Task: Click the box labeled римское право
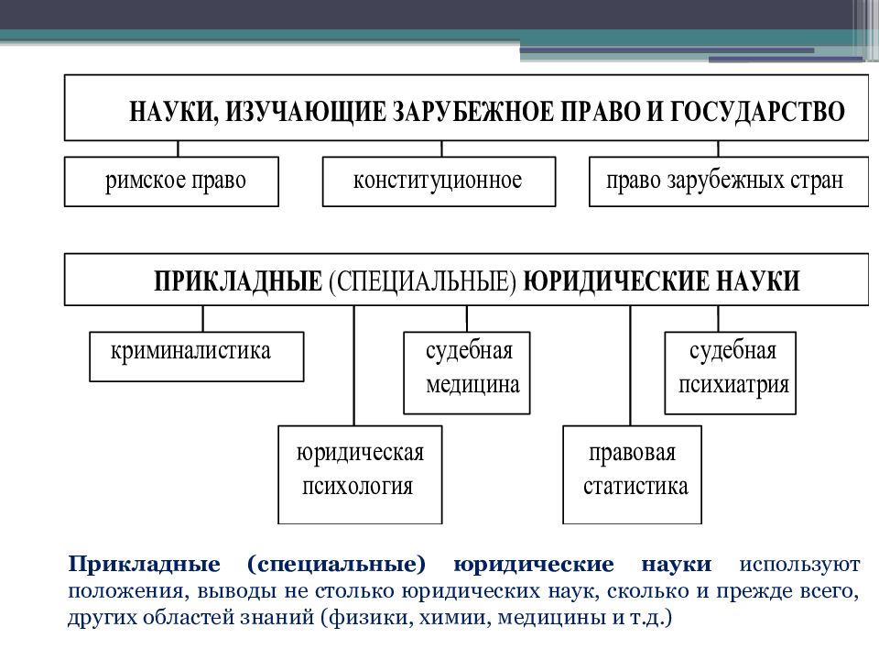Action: pyautogui.click(x=171, y=181)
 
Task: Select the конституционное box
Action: pyautogui.click(x=439, y=181)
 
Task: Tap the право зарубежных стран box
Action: pyautogui.click(x=729, y=181)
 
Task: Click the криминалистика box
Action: pyautogui.click(x=197, y=357)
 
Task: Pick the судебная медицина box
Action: pyautogui.click(x=467, y=373)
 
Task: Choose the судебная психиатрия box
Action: pyautogui.click(x=731, y=373)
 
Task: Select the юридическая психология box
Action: pyautogui.click(x=360, y=475)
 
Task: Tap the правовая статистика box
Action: pyautogui.click(x=633, y=475)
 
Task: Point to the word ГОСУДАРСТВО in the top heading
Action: pyautogui.click(x=757, y=111)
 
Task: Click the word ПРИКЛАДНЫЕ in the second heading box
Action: pyautogui.click(x=238, y=280)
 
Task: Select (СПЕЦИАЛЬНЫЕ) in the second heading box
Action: pyautogui.click(x=423, y=280)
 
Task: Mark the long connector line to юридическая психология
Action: pyautogui.click(x=354, y=366)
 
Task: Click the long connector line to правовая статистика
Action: pyautogui.click(x=631, y=366)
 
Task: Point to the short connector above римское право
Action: pyautogui.click(x=179, y=148)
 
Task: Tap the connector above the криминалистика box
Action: pyautogui.click(x=203, y=319)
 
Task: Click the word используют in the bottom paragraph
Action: pyautogui.click(x=799, y=565)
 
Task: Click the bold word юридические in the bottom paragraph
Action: pyautogui.click(x=534, y=565)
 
